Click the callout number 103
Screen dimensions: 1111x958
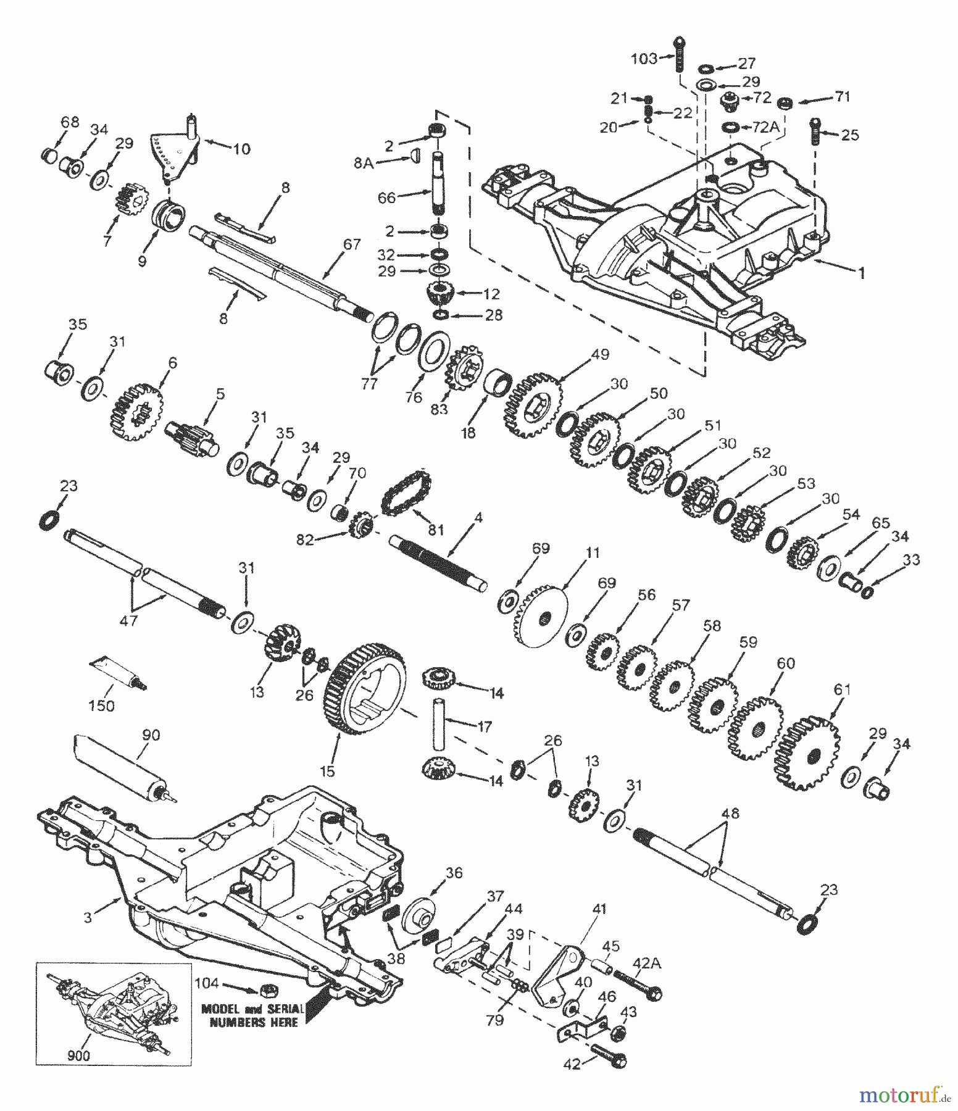click(x=644, y=59)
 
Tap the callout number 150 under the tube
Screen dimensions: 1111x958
click(x=101, y=705)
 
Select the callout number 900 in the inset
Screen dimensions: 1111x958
click(x=78, y=1055)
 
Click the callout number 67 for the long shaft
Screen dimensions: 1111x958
click(x=352, y=245)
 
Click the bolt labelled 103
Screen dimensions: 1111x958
click(x=679, y=60)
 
